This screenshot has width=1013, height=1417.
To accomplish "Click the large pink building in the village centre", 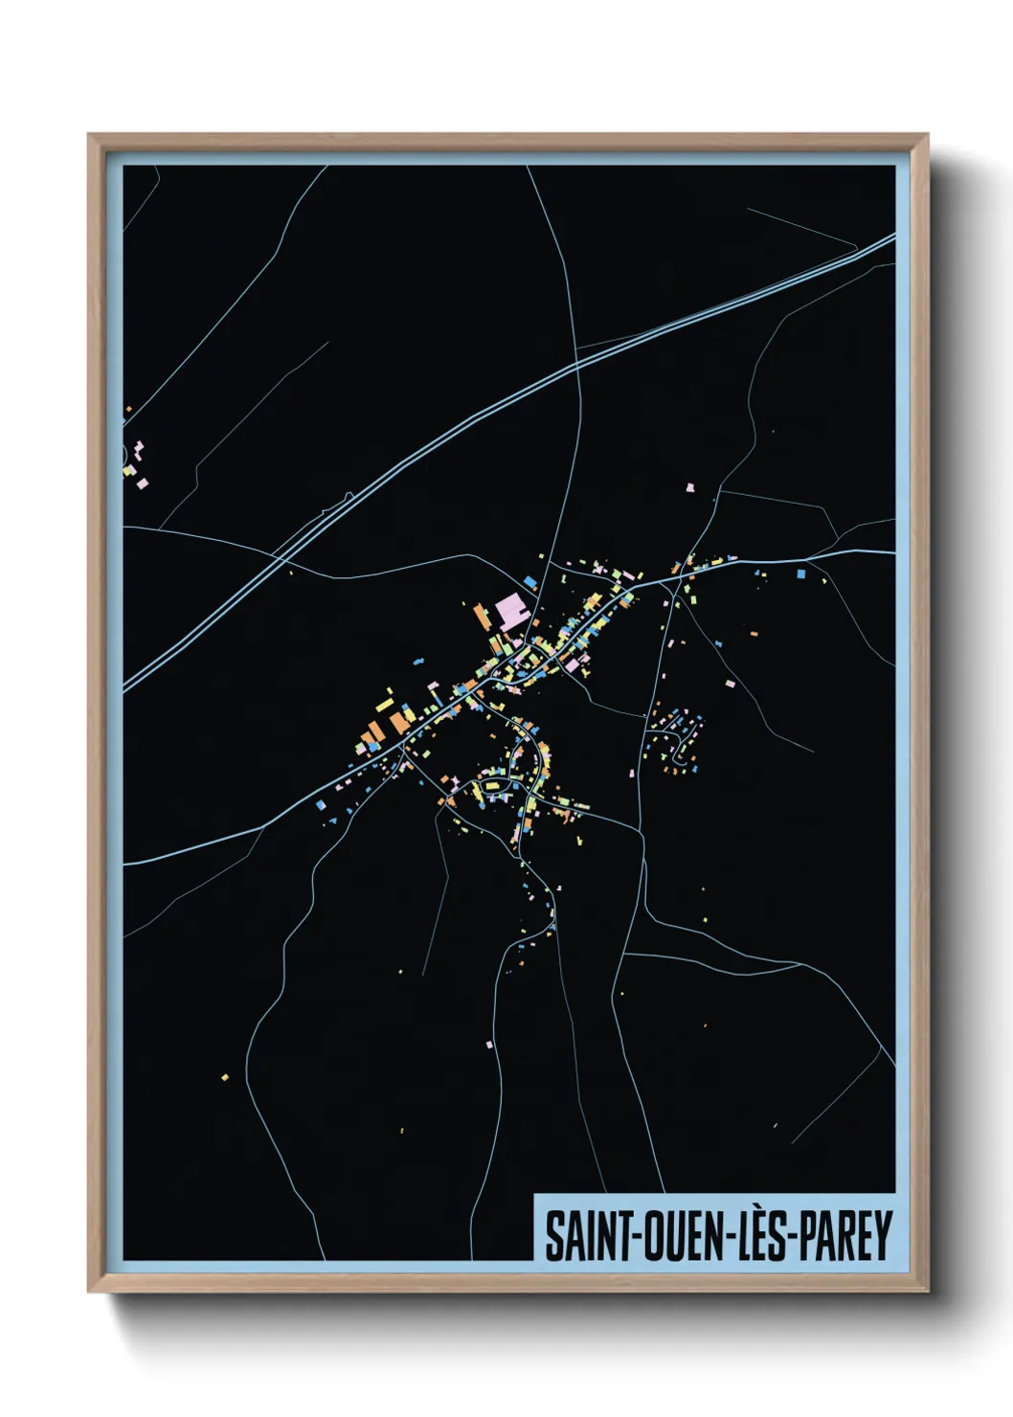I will point(511,610).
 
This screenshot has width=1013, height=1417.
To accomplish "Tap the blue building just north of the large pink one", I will point(529,581).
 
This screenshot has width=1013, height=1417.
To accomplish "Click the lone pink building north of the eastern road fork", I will point(688,487).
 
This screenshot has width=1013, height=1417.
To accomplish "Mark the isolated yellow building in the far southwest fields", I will point(225,1078).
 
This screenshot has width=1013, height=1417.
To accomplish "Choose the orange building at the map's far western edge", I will point(127,410).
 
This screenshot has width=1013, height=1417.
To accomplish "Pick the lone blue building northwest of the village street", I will point(417,660).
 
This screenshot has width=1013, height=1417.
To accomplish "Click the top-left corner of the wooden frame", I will point(89,135).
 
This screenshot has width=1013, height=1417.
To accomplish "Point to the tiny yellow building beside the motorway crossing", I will point(290,574).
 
